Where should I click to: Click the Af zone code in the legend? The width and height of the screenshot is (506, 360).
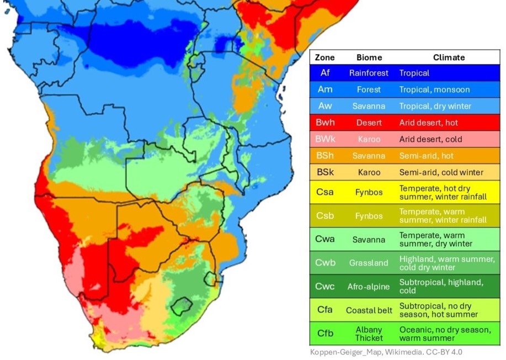(x=325, y=73)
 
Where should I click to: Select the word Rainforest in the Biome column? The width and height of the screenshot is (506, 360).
(x=369, y=73)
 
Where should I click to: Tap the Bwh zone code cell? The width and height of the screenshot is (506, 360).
(x=325, y=123)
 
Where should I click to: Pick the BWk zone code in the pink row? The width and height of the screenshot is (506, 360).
(x=325, y=139)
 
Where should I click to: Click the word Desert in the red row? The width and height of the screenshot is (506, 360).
(x=369, y=123)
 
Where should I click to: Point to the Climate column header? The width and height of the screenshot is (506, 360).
(x=449, y=57)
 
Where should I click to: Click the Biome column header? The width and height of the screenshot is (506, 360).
(x=369, y=57)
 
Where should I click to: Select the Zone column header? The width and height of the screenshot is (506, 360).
(x=325, y=57)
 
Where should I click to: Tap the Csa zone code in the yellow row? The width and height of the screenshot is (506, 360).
(x=325, y=192)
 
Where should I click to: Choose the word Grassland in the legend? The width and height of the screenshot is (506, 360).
(x=369, y=263)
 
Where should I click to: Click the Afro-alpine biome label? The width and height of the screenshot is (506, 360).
(x=369, y=287)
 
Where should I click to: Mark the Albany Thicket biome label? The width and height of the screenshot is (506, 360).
(x=369, y=333)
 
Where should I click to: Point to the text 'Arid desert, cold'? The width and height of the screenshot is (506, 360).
(x=430, y=139)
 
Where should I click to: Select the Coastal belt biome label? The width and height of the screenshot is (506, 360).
(x=369, y=310)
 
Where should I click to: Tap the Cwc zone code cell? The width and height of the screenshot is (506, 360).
(x=325, y=287)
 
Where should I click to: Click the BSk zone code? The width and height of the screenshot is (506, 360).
(x=325, y=172)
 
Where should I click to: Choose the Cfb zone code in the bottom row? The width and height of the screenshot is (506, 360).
(x=325, y=333)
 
